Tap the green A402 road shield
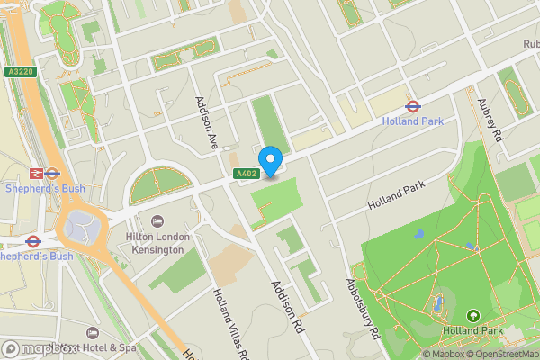(x=246, y=174)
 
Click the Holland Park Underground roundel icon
(x=413, y=105)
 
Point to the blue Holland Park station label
(x=413, y=121)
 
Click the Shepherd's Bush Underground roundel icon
(x=34, y=240)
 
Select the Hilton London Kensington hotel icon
(x=158, y=221)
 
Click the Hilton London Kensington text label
(x=157, y=243)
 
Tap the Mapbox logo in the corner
(x=38, y=349)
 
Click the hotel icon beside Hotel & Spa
(x=92, y=333)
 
